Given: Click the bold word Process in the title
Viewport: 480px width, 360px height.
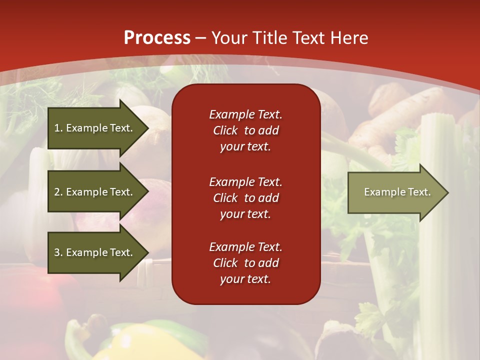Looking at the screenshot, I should coord(157,38).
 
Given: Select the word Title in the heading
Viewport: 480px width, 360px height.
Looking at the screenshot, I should coord(267,38).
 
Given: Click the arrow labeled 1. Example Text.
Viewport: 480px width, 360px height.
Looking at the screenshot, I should coord(93,128).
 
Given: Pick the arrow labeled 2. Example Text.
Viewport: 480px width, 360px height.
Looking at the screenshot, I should coord(93,192).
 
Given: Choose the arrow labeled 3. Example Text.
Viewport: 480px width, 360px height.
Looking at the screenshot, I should coord(93,252).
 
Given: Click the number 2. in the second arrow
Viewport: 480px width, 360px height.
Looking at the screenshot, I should coord(58,192).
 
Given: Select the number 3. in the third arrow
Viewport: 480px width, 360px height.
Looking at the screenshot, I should coord(58,252).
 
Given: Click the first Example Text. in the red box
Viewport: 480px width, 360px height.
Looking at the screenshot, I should coord(245,114).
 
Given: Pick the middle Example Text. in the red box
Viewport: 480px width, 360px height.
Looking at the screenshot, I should coord(245,181).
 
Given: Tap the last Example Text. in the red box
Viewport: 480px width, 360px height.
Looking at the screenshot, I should coord(245,247).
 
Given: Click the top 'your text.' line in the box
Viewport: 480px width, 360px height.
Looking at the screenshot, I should coord(245,147).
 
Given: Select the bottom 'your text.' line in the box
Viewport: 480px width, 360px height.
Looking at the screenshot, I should coord(245,279).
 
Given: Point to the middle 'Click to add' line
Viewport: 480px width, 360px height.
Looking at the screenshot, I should coord(245,198).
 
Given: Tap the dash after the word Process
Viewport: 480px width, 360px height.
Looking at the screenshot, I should coord(200,38).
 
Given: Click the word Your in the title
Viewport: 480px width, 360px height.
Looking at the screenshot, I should coord(229,38).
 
